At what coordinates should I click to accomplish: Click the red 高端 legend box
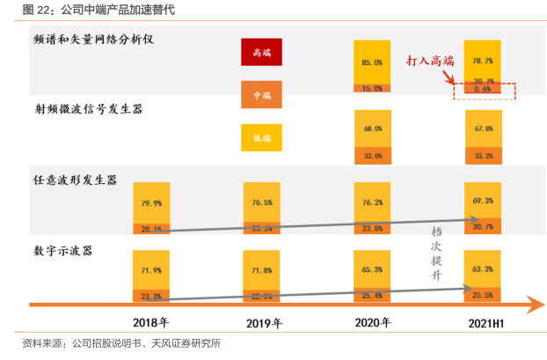pyautogui.click(x=262, y=53)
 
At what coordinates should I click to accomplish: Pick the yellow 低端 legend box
pyautogui.click(x=262, y=137)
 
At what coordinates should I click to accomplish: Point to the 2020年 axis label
pyautogui.click(x=372, y=323)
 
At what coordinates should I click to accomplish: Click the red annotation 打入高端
pyautogui.click(x=430, y=61)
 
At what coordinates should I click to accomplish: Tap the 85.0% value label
pyautogui.click(x=372, y=62)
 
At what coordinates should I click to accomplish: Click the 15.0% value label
pyautogui.click(x=372, y=88)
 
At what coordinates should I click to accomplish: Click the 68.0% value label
pyautogui.click(x=372, y=129)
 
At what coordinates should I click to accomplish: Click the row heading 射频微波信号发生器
pyautogui.click(x=87, y=110)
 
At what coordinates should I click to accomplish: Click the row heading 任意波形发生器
pyautogui.click(x=75, y=180)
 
